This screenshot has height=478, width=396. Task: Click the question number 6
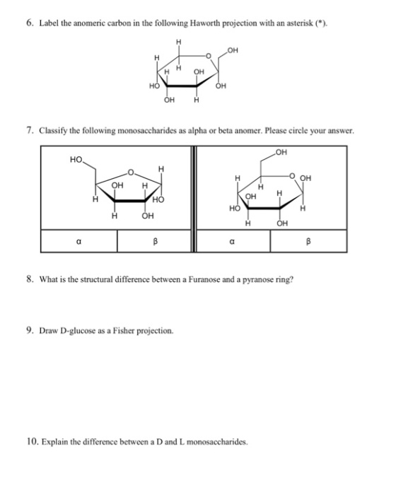(x=30, y=23)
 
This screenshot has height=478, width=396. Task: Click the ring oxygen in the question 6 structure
(x=209, y=56)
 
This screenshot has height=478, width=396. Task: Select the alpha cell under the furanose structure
(x=79, y=241)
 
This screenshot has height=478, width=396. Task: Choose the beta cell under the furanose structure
(x=154, y=241)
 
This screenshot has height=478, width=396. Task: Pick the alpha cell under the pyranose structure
(x=233, y=241)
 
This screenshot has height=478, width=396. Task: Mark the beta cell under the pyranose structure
(x=308, y=241)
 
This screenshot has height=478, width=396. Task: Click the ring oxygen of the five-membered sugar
(x=131, y=173)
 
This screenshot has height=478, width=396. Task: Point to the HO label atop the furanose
(x=76, y=159)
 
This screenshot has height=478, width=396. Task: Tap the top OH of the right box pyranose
(x=281, y=152)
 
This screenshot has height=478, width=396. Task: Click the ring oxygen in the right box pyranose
(x=292, y=176)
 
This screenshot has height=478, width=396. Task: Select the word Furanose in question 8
(x=204, y=279)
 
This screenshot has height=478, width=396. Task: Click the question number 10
(x=33, y=441)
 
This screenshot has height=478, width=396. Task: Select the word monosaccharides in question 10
(x=216, y=442)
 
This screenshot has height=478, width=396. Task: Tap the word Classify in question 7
(x=53, y=131)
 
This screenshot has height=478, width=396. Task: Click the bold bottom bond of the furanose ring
(x=129, y=201)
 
